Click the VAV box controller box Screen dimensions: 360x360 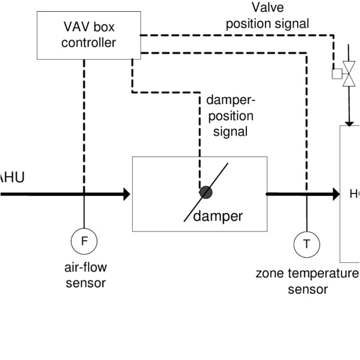point(88,35)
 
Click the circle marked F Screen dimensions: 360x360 point(84,242)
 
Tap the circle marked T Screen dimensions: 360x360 point(307,244)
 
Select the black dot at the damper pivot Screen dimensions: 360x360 point(206,192)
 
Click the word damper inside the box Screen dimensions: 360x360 point(218,216)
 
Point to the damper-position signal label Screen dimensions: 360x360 point(230,116)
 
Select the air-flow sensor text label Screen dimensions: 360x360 point(85,275)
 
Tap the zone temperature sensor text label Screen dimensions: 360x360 point(307,281)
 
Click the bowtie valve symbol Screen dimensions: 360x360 point(349,74)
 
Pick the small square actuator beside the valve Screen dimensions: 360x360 point(337,74)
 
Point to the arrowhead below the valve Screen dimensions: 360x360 point(349,121)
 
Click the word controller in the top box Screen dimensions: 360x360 point(89,42)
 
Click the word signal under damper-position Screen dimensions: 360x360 point(230,132)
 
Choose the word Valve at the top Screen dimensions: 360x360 point(268,7)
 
